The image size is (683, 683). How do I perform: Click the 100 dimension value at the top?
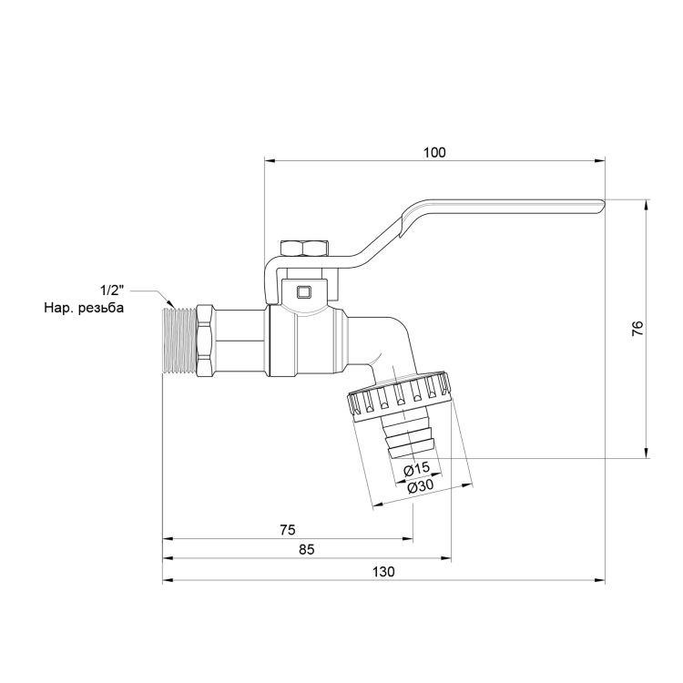(434, 152)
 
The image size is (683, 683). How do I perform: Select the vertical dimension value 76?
(637, 328)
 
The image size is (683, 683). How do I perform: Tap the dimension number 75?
(288, 529)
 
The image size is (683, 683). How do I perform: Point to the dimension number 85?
(306, 549)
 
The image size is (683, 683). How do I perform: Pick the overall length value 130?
(383, 571)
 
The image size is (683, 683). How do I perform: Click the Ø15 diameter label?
(416, 468)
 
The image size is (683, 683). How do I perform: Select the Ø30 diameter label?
(420, 487)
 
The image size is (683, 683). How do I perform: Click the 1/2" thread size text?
(111, 289)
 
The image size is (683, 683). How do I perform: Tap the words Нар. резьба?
(83, 308)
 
